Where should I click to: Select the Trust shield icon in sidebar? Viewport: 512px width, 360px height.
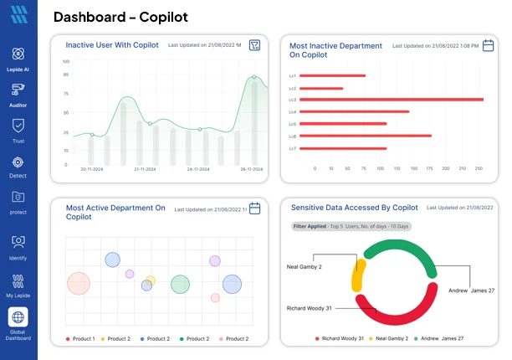(x=18, y=126)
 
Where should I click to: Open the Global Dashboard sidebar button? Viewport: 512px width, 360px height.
(x=18, y=317)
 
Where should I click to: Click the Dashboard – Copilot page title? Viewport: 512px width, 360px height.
(x=120, y=17)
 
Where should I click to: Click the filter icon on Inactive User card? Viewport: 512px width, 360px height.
(x=254, y=46)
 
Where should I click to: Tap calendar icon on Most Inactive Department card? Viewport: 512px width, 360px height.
(x=489, y=46)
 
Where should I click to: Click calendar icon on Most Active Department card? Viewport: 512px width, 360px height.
(x=255, y=208)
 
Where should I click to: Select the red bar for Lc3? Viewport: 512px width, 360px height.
(x=391, y=100)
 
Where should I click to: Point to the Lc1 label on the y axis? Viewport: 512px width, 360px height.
(x=292, y=76)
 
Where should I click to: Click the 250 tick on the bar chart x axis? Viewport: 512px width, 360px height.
(x=479, y=168)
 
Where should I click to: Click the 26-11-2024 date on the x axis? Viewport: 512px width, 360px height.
(x=252, y=168)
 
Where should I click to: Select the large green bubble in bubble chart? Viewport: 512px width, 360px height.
(x=180, y=285)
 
